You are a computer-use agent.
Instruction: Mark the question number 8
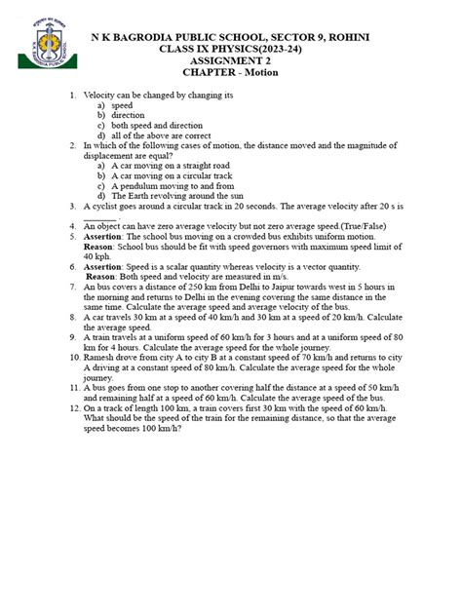72,317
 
